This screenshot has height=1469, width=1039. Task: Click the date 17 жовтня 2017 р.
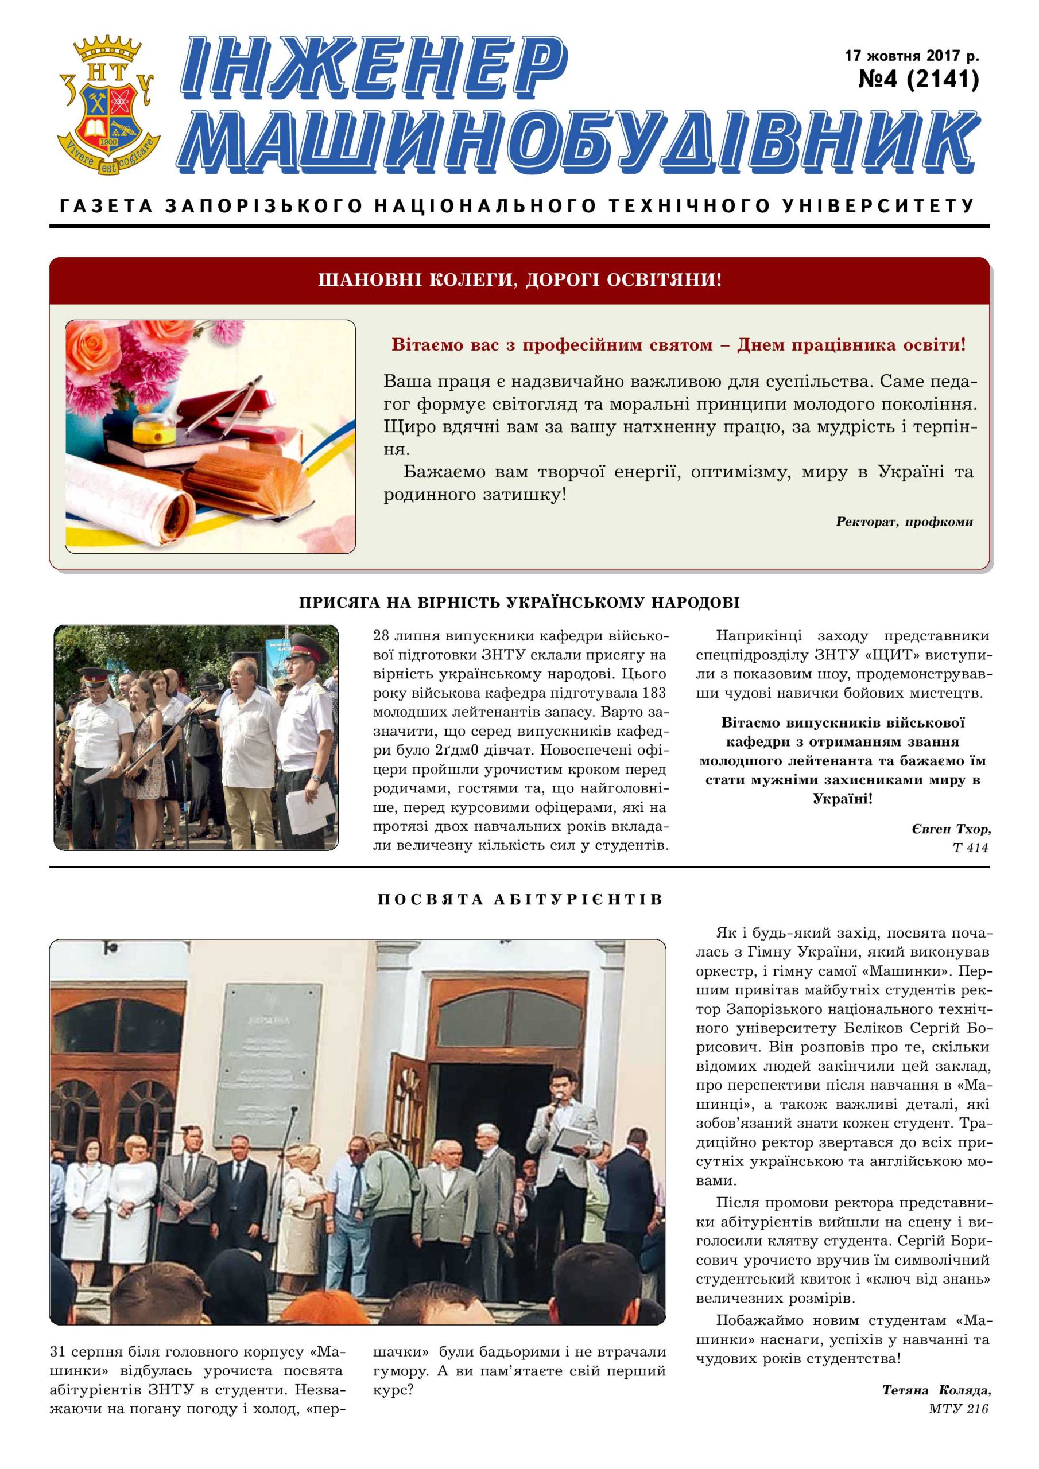(x=912, y=56)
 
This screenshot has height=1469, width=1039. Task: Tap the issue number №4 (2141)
(x=918, y=79)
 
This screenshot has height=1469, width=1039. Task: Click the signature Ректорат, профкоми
(x=904, y=522)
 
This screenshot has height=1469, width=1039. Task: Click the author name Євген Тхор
(x=951, y=829)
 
